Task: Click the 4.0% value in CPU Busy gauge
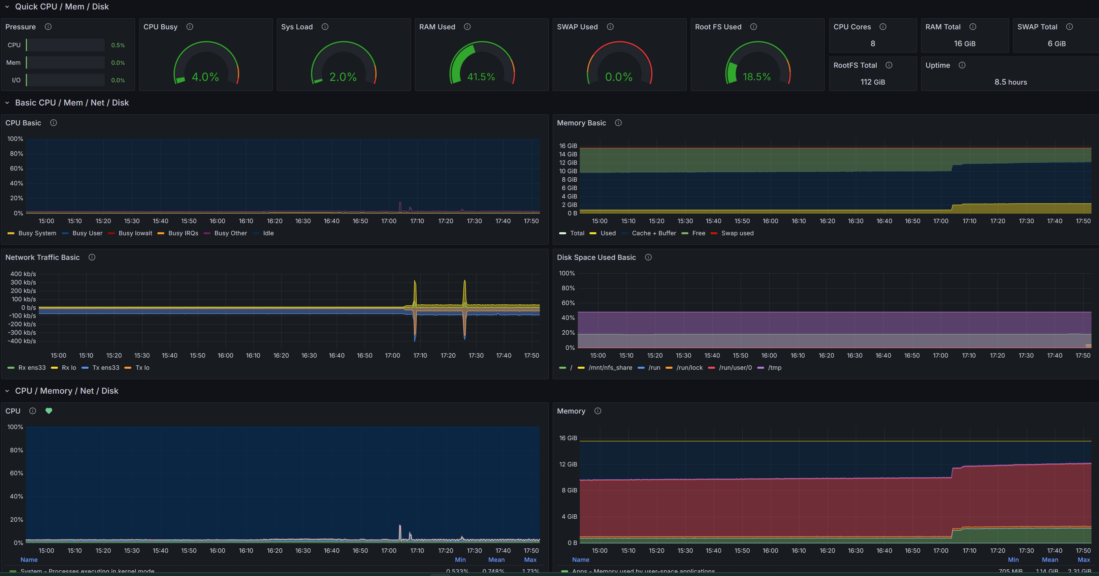click(x=205, y=77)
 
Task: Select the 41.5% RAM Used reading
click(x=481, y=77)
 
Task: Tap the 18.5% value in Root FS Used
click(x=756, y=77)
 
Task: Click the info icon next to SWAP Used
click(x=610, y=27)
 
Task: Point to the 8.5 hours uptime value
click(x=1010, y=82)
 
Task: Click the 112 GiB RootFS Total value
click(x=872, y=82)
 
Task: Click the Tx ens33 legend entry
click(x=105, y=368)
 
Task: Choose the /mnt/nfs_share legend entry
click(x=610, y=368)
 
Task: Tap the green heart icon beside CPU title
click(x=49, y=411)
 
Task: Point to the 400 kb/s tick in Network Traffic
click(x=23, y=274)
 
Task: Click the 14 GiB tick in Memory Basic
click(x=568, y=154)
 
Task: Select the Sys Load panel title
click(x=296, y=27)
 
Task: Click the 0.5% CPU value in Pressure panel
click(x=118, y=45)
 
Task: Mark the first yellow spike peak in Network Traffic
click(x=415, y=281)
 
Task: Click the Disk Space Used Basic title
click(x=596, y=257)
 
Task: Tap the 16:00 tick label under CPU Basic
click(x=217, y=221)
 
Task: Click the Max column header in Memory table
click(x=1083, y=560)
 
